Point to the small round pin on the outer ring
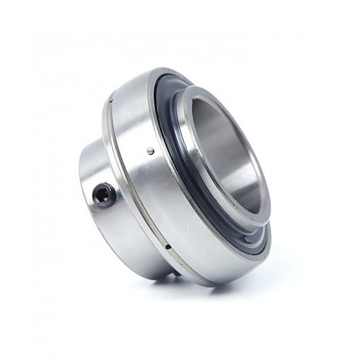tap(151, 151)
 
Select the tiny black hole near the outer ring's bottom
tap(168, 247)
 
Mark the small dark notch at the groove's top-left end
tap(113, 101)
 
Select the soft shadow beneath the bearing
tap(196, 288)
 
